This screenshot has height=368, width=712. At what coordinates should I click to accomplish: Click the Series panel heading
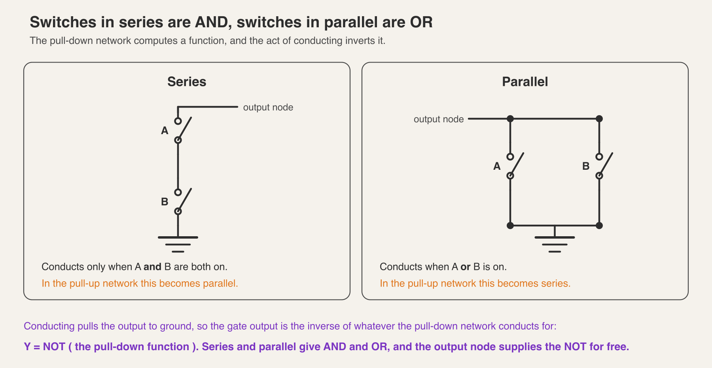coord(187,82)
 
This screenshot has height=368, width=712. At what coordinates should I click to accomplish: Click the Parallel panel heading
coord(525,82)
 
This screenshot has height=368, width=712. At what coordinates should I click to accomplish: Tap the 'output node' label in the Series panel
coord(268,107)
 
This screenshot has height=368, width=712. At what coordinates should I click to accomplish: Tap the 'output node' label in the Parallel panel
coord(439,119)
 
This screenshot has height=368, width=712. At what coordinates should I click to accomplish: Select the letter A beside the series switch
coord(165,131)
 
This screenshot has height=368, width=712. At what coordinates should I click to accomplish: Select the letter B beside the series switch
coord(165,202)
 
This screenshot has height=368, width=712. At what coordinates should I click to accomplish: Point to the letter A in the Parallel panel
coord(497,166)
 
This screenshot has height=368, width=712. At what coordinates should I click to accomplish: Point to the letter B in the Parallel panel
coord(586,166)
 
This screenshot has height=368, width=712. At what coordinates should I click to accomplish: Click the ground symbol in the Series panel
coord(178,244)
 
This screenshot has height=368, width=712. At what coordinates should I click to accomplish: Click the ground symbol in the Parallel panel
coord(555,244)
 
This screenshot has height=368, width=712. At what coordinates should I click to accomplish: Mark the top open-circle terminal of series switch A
coord(178,121)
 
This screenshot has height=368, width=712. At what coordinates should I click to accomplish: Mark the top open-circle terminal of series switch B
coord(178,192)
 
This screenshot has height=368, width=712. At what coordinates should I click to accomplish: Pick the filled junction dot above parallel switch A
coord(510,119)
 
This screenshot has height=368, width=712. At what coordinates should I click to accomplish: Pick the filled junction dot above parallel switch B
coord(599,119)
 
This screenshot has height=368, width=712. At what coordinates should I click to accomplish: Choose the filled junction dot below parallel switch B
coord(599,226)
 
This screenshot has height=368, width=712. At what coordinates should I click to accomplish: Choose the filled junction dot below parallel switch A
coord(510,226)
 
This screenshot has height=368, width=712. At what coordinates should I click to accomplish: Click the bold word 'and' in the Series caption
coord(152,267)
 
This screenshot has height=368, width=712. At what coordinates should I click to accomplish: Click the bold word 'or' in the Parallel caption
coord(466,267)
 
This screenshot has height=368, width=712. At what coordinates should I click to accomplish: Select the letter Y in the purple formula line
coord(27,347)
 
